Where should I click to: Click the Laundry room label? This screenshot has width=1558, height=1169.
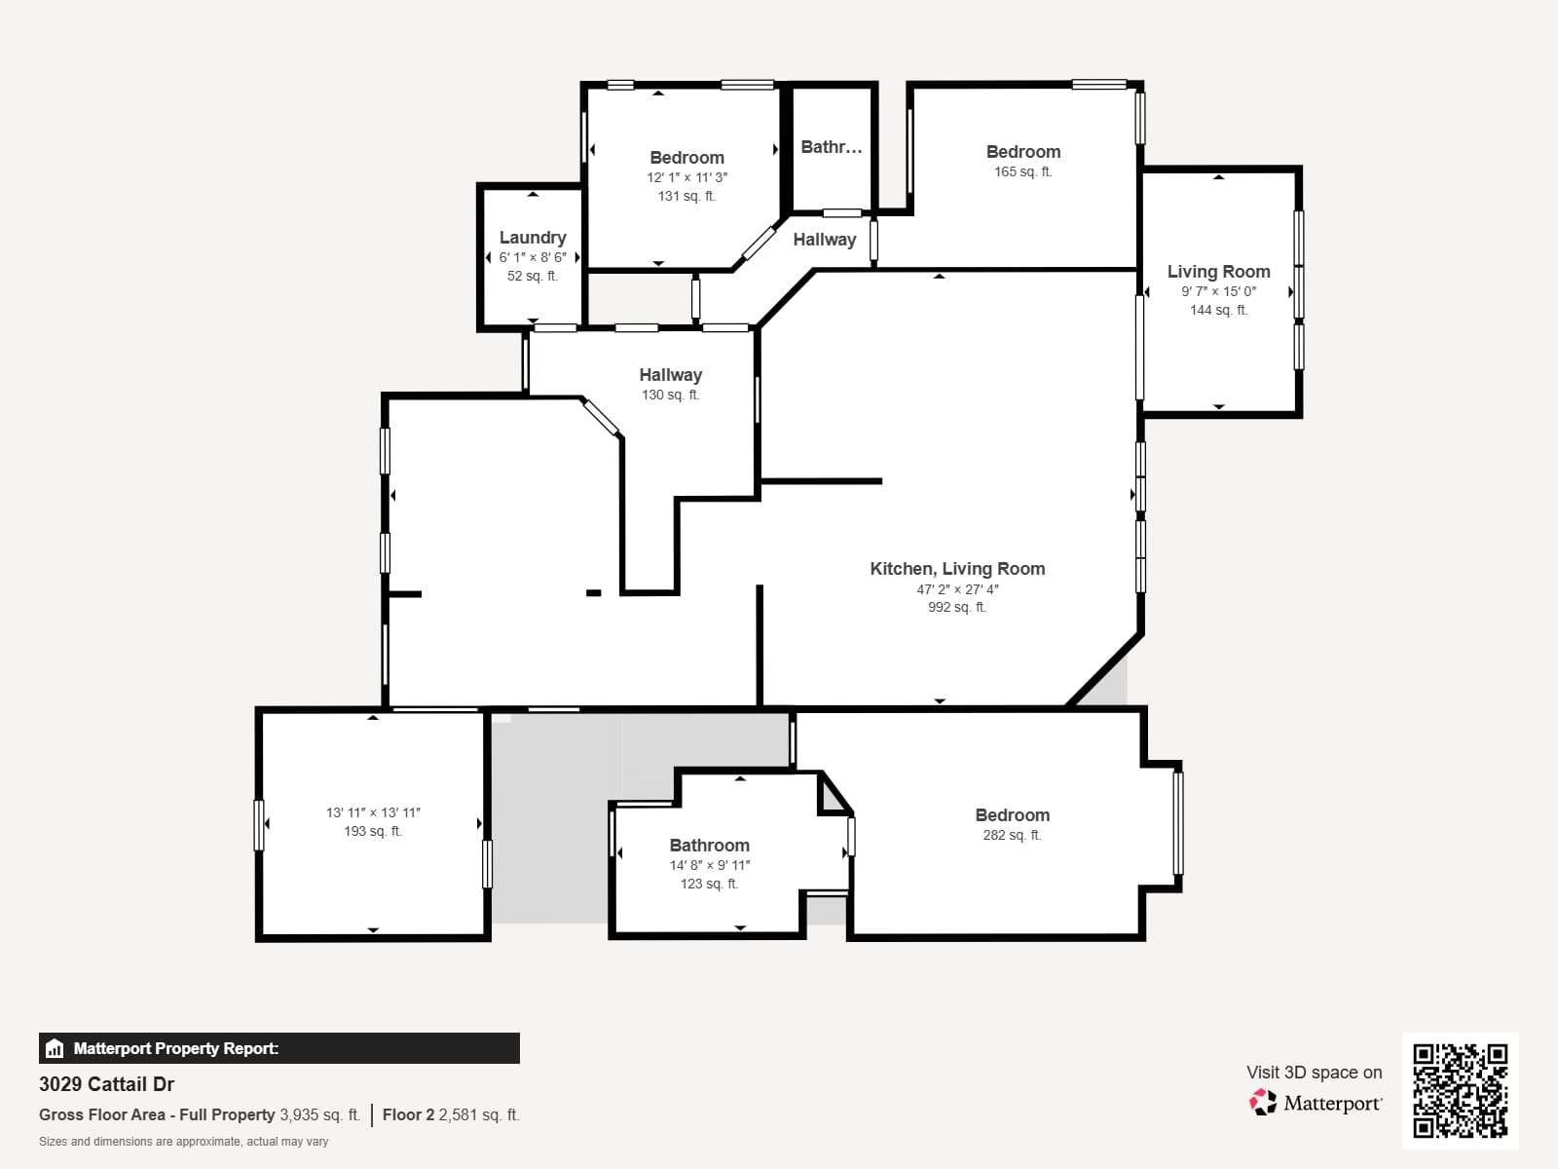[532, 238]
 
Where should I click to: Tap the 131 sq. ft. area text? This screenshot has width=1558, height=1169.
[686, 197]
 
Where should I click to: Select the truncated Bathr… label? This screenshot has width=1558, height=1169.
[831, 147]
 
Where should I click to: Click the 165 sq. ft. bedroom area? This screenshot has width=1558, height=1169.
[1022, 172]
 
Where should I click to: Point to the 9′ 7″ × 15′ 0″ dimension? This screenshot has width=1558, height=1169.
[1218, 291]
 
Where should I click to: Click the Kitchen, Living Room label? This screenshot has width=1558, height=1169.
[957, 569]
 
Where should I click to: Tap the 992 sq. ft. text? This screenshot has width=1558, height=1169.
[956, 608]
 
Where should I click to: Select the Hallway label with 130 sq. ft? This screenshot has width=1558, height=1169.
[670, 375]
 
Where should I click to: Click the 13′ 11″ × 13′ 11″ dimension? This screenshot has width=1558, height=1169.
[373, 812]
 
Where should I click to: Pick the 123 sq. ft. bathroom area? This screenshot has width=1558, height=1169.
[709, 885]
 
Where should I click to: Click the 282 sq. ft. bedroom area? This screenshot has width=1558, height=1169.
[1012, 836]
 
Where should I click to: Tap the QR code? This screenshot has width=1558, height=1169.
[1460, 1090]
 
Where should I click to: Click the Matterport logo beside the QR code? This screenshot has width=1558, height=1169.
[1316, 1103]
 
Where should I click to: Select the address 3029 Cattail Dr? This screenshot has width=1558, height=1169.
[107, 1084]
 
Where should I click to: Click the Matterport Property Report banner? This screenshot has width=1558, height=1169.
[278, 1048]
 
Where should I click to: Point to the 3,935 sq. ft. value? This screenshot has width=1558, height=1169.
[319, 1114]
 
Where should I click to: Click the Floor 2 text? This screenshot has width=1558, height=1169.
[408, 1114]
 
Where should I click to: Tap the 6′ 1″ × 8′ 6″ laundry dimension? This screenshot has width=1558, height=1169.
[532, 258]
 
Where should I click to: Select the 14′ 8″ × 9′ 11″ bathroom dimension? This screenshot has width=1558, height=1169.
[709, 865]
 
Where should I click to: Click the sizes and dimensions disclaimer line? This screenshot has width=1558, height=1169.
[183, 1142]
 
